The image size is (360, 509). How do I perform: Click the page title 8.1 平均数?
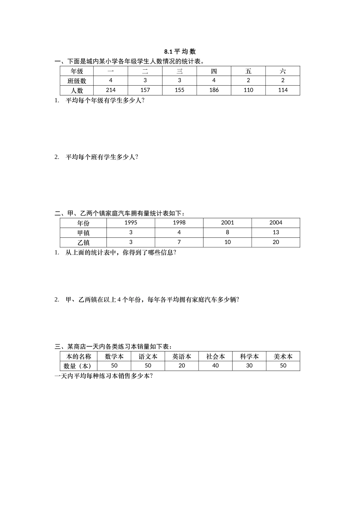[180, 52]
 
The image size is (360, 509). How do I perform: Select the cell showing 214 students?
[111, 90]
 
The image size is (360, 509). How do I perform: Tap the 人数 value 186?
[214, 90]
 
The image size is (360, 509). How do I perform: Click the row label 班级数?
[77, 81]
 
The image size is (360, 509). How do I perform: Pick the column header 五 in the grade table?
[248, 71]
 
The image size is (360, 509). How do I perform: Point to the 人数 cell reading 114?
[283, 90]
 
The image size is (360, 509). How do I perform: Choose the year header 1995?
[131, 223]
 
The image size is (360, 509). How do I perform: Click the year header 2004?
[275, 223]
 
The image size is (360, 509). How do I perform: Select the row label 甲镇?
[83, 233]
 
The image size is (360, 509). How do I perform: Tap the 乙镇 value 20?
[275, 242]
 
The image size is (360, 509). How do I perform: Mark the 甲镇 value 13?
[275, 233]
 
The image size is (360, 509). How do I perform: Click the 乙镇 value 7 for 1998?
[179, 242]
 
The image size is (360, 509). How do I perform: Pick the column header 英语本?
[182, 356]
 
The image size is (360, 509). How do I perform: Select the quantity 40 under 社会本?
[215, 366]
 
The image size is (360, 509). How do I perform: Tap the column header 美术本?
[283, 356]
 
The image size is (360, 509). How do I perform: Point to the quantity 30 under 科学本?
[249, 366]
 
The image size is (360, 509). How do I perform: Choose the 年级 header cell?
[77, 71]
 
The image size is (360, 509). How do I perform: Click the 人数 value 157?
[145, 90]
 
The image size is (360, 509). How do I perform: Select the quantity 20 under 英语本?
[182, 366]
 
